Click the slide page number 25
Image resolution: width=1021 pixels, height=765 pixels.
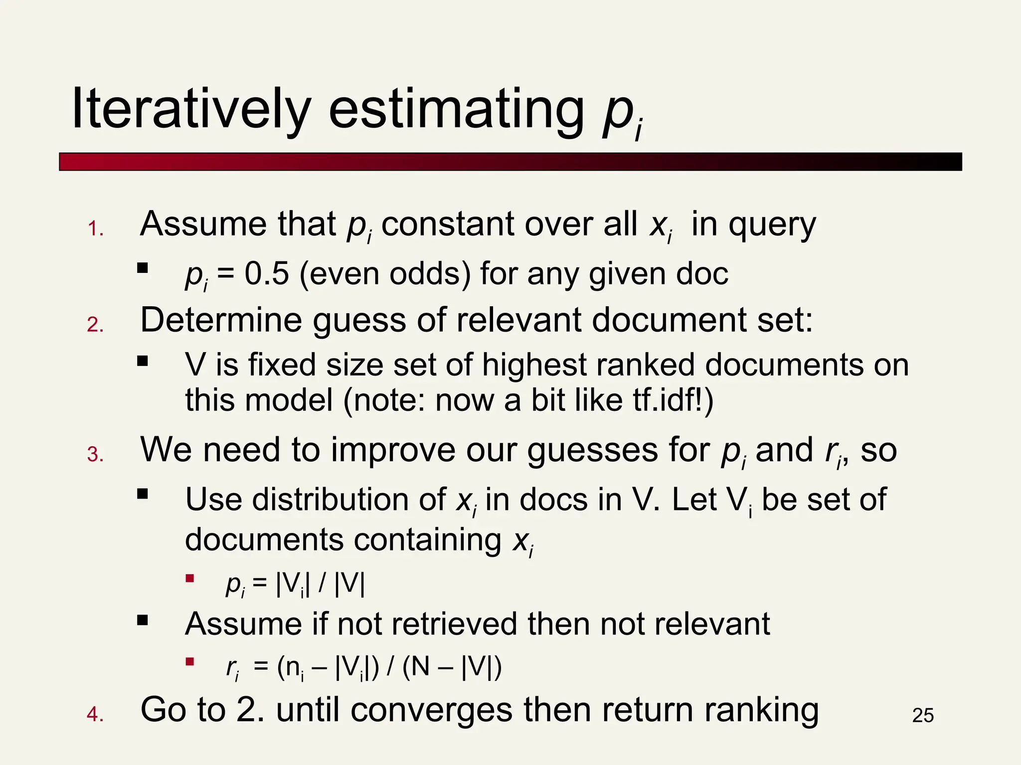[923, 716]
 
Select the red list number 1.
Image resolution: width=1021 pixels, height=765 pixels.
[95, 229]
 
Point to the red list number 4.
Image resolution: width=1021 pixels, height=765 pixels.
[95, 715]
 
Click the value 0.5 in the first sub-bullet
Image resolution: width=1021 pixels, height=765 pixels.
[267, 274]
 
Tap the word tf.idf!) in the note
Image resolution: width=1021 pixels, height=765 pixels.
[673, 400]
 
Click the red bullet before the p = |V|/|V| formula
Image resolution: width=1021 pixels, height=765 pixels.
[189, 579]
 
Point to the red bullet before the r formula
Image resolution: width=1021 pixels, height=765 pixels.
[189, 662]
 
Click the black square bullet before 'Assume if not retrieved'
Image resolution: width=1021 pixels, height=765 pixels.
[143, 620]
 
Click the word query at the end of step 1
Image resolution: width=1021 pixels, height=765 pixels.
[772, 225]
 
